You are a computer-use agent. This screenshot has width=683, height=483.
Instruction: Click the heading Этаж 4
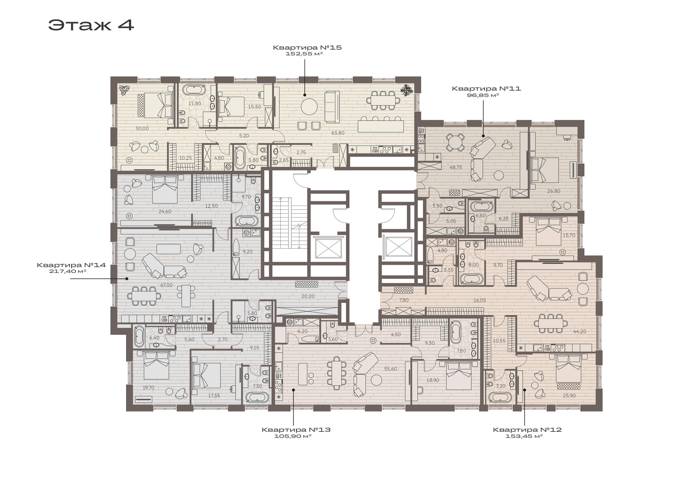tap(91, 25)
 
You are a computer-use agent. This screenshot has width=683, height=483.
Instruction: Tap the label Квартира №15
tap(307, 47)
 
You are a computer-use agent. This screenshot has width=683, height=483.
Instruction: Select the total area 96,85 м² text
tap(483, 95)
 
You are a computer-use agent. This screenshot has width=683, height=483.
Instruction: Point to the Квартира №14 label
tap(71, 265)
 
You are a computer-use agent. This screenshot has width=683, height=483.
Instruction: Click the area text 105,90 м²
tap(293, 436)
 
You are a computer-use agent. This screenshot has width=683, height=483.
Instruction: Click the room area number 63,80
tap(338, 133)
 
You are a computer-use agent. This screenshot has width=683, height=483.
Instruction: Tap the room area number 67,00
tap(166, 285)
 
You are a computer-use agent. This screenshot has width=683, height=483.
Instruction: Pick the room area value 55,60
tap(391, 369)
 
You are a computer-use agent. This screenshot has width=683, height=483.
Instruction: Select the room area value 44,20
tap(579, 331)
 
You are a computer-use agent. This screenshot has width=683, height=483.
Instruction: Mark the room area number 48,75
tap(456, 167)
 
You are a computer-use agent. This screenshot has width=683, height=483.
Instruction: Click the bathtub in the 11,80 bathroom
tap(194, 89)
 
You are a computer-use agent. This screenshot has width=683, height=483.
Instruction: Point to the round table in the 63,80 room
tap(309, 107)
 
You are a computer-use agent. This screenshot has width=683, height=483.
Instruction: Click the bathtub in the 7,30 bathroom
tap(257, 397)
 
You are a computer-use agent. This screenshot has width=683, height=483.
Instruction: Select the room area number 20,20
tap(308, 296)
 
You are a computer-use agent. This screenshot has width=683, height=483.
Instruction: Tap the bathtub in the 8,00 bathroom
tap(472, 279)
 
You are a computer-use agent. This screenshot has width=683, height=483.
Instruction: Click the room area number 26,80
tap(554, 191)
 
